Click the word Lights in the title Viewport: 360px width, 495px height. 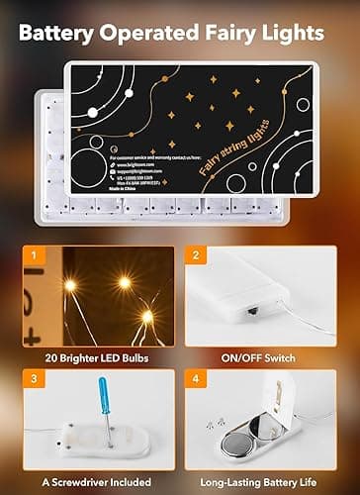[301, 34]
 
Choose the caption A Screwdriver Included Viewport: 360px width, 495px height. [90, 473]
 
